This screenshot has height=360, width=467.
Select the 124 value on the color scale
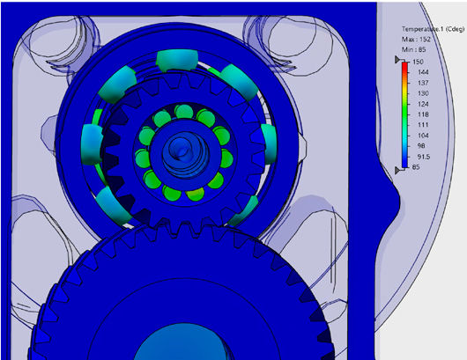pyautogui.click(x=422, y=104)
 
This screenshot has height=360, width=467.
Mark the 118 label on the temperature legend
pyautogui.click(x=422, y=114)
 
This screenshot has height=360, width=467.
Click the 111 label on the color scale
pyautogui.click(x=422, y=125)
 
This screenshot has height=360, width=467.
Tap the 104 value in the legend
pyautogui.click(x=422, y=136)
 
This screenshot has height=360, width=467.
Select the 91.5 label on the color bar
pyautogui.click(x=423, y=157)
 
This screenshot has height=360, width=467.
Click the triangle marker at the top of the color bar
pyautogui.click(x=397, y=60)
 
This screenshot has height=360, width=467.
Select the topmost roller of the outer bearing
pyautogui.click(x=173, y=62)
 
